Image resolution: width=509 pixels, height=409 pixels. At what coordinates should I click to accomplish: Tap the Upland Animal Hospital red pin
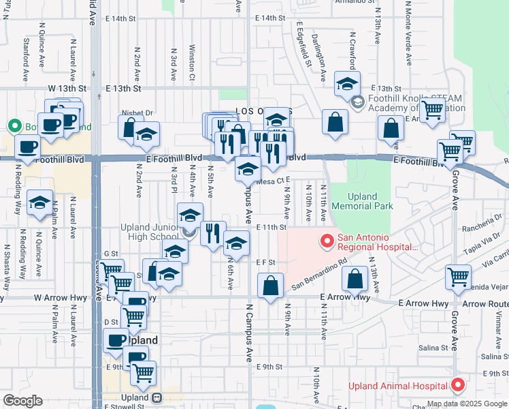[459, 386]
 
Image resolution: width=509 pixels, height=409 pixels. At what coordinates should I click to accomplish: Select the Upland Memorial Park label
[362, 201]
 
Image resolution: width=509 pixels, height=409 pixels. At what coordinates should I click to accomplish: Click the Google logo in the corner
[22, 402]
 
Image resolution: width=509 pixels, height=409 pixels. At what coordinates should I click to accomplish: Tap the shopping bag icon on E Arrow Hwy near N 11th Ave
[355, 278]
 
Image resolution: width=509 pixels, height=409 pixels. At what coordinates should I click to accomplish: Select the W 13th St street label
[68, 89]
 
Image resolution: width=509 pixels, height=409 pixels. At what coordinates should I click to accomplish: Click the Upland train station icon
[157, 397]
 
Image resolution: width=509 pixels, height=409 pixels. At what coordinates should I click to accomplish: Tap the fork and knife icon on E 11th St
[213, 233]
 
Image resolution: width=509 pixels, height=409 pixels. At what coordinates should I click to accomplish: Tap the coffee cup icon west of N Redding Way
[28, 147]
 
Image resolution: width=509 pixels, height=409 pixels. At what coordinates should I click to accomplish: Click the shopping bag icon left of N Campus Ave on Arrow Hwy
[271, 286]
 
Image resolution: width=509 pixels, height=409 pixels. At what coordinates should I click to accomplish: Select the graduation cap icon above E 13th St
[346, 85]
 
